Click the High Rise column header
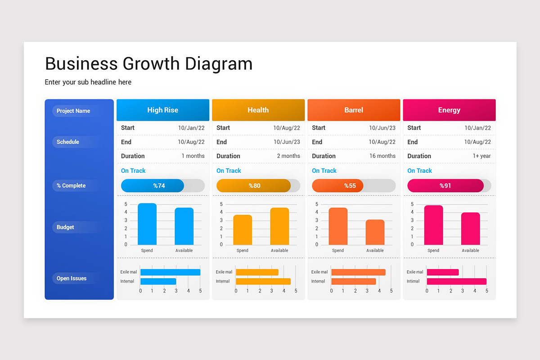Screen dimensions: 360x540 pyautogui.click(x=162, y=110)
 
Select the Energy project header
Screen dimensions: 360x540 pyautogui.click(x=449, y=110)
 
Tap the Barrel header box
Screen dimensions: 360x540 pyautogui.click(x=354, y=110)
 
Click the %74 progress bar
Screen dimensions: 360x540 pyautogui.click(x=153, y=185)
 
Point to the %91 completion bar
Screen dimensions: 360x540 pyautogui.click(x=445, y=185)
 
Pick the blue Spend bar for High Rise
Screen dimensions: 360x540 pyautogui.click(x=147, y=224)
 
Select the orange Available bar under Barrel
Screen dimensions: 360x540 pyautogui.click(x=375, y=232)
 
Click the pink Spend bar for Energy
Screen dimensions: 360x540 pyautogui.click(x=433, y=225)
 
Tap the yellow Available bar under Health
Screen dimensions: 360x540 pyautogui.click(x=279, y=226)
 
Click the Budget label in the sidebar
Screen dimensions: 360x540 pyautogui.click(x=66, y=227)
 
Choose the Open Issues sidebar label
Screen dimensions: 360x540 pyautogui.click(x=72, y=279)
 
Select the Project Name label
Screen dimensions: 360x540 pyautogui.click(x=73, y=111)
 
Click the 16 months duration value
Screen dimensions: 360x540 pyautogui.click(x=382, y=156)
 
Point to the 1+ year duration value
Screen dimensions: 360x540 pyautogui.click(x=481, y=156)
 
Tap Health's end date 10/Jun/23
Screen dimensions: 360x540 pyautogui.click(x=287, y=142)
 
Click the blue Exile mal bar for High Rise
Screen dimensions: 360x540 pyautogui.click(x=170, y=272)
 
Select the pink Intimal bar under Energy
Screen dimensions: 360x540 pyautogui.click(x=456, y=281)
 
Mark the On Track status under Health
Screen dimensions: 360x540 pyautogui.click(x=229, y=171)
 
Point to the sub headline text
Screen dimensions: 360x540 pyautogui.click(x=88, y=82)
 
